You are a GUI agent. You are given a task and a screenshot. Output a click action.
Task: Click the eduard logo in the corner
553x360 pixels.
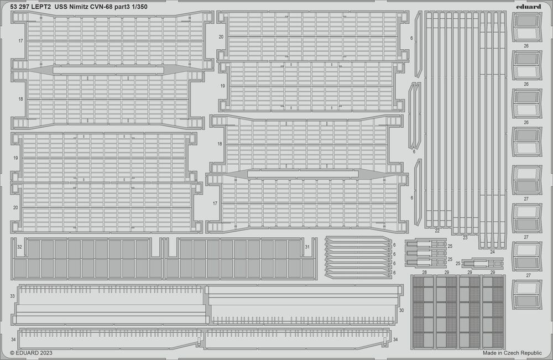[x=530, y=7]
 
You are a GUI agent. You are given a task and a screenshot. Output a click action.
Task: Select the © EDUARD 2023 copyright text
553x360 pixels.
[x=31, y=353]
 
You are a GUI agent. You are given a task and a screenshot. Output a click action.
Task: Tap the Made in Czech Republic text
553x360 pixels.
[x=512, y=353]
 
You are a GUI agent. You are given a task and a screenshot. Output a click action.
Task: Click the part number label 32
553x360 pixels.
[x=20, y=247]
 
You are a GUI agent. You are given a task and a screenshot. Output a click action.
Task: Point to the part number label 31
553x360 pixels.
[x=307, y=247]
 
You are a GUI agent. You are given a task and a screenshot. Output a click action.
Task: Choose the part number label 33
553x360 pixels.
[x=13, y=296]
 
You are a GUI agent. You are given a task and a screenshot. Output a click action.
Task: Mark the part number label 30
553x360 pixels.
[x=401, y=310]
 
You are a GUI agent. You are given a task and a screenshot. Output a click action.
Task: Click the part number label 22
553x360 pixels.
[x=437, y=231]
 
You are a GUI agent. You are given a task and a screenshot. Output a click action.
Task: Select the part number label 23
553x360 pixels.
[x=465, y=238]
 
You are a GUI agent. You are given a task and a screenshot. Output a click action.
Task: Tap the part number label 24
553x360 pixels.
[x=492, y=252]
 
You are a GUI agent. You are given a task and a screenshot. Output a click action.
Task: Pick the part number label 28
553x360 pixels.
[x=424, y=272]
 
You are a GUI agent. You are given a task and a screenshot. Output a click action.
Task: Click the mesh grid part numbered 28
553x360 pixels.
[x=423, y=312]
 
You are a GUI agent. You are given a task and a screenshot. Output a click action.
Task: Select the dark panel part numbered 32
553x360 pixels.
[x=87, y=258]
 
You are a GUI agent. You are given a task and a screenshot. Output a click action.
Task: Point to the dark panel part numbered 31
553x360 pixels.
[x=241, y=258]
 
